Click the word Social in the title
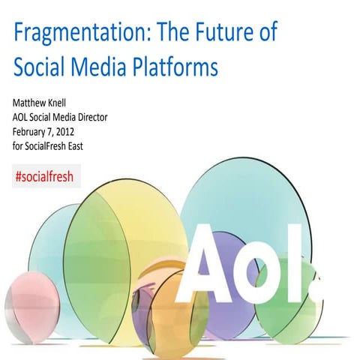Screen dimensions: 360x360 pyautogui.click(x=37, y=67)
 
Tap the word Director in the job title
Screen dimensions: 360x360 pyautogui.click(x=117, y=117)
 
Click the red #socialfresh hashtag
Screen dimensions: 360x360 pyautogui.click(x=45, y=176)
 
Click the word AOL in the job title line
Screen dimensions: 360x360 pyautogui.click(x=23, y=117)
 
